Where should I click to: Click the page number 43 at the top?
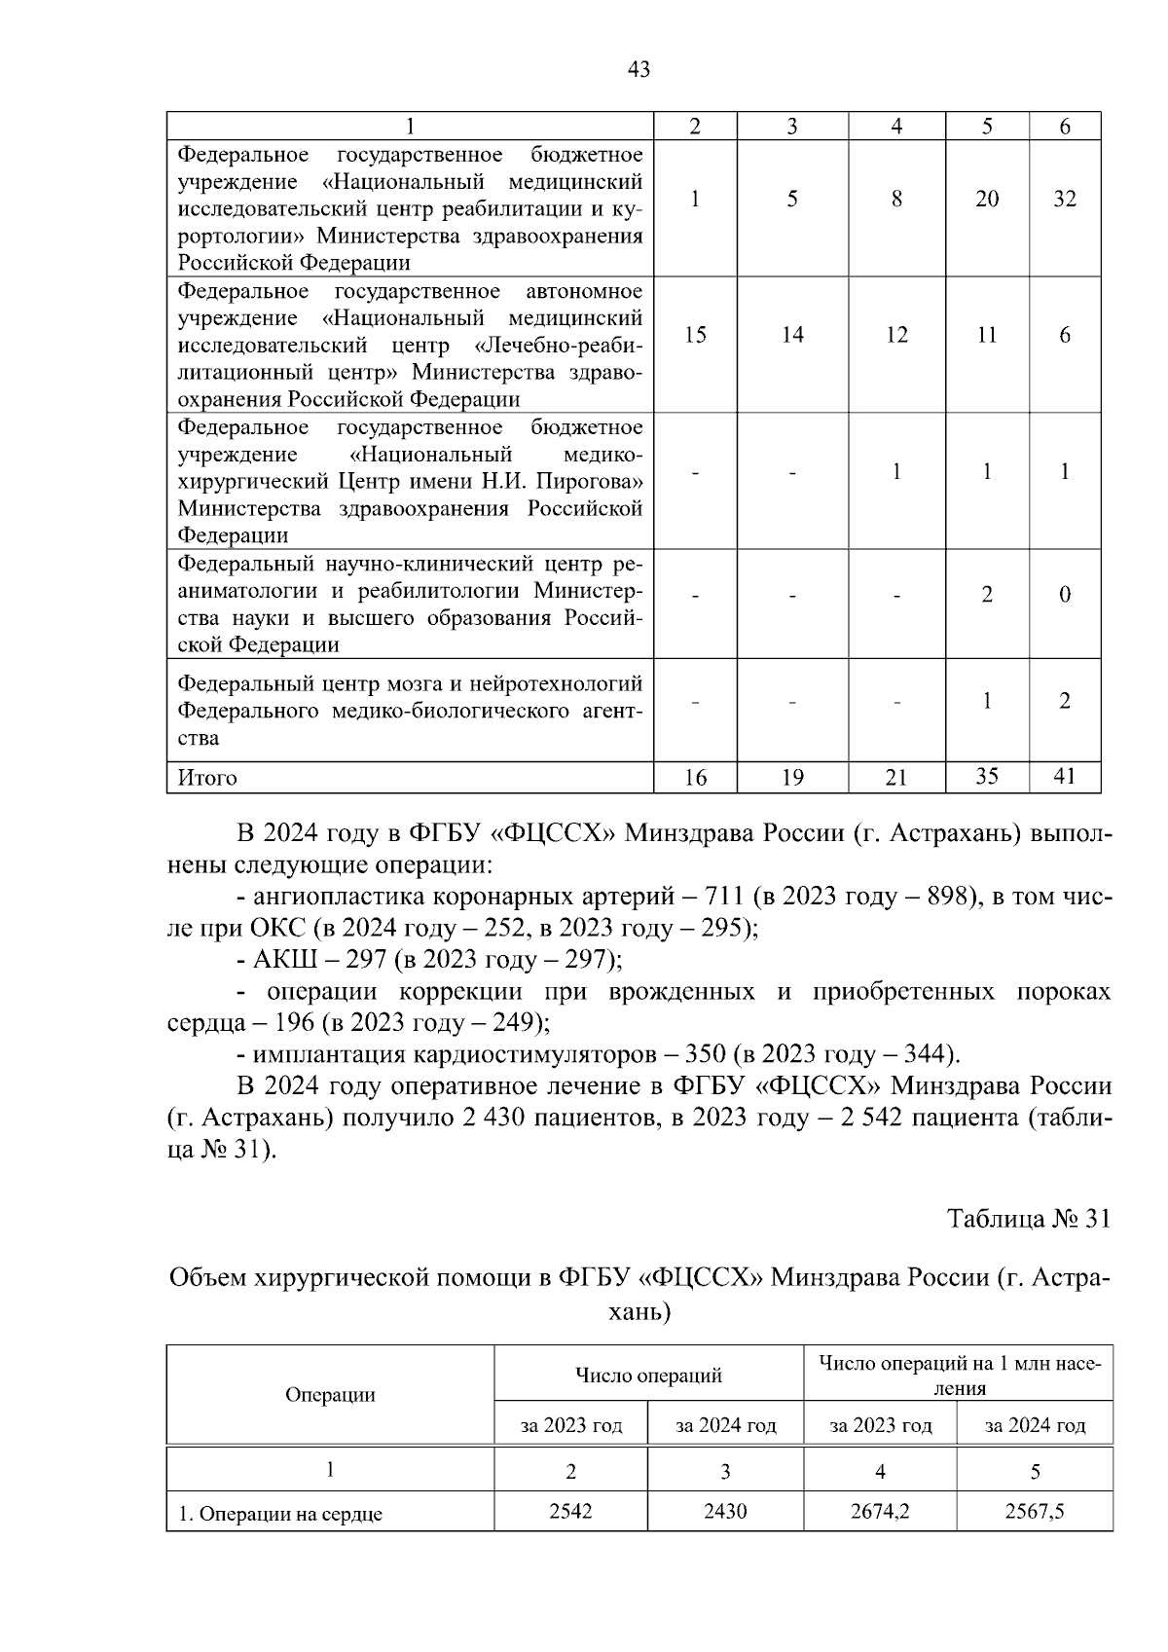point(639,69)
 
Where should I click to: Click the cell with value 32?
point(1064,200)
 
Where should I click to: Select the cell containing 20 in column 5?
point(986,200)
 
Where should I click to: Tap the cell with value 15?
point(695,336)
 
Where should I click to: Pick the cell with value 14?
point(792,336)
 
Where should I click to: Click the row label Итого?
point(207,778)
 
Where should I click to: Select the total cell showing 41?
point(1064,777)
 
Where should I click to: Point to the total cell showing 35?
point(986,776)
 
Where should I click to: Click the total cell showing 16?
point(695,778)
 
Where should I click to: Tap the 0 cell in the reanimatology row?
point(1064,595)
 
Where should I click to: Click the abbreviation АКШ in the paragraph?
point(279,960)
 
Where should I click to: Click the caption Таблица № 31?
point(1028,1219)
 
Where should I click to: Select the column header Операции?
point(330,1395)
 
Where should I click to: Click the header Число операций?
point(648,1376)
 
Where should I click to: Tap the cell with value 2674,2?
point(880,1512)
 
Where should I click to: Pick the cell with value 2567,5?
point(1035,1512)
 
